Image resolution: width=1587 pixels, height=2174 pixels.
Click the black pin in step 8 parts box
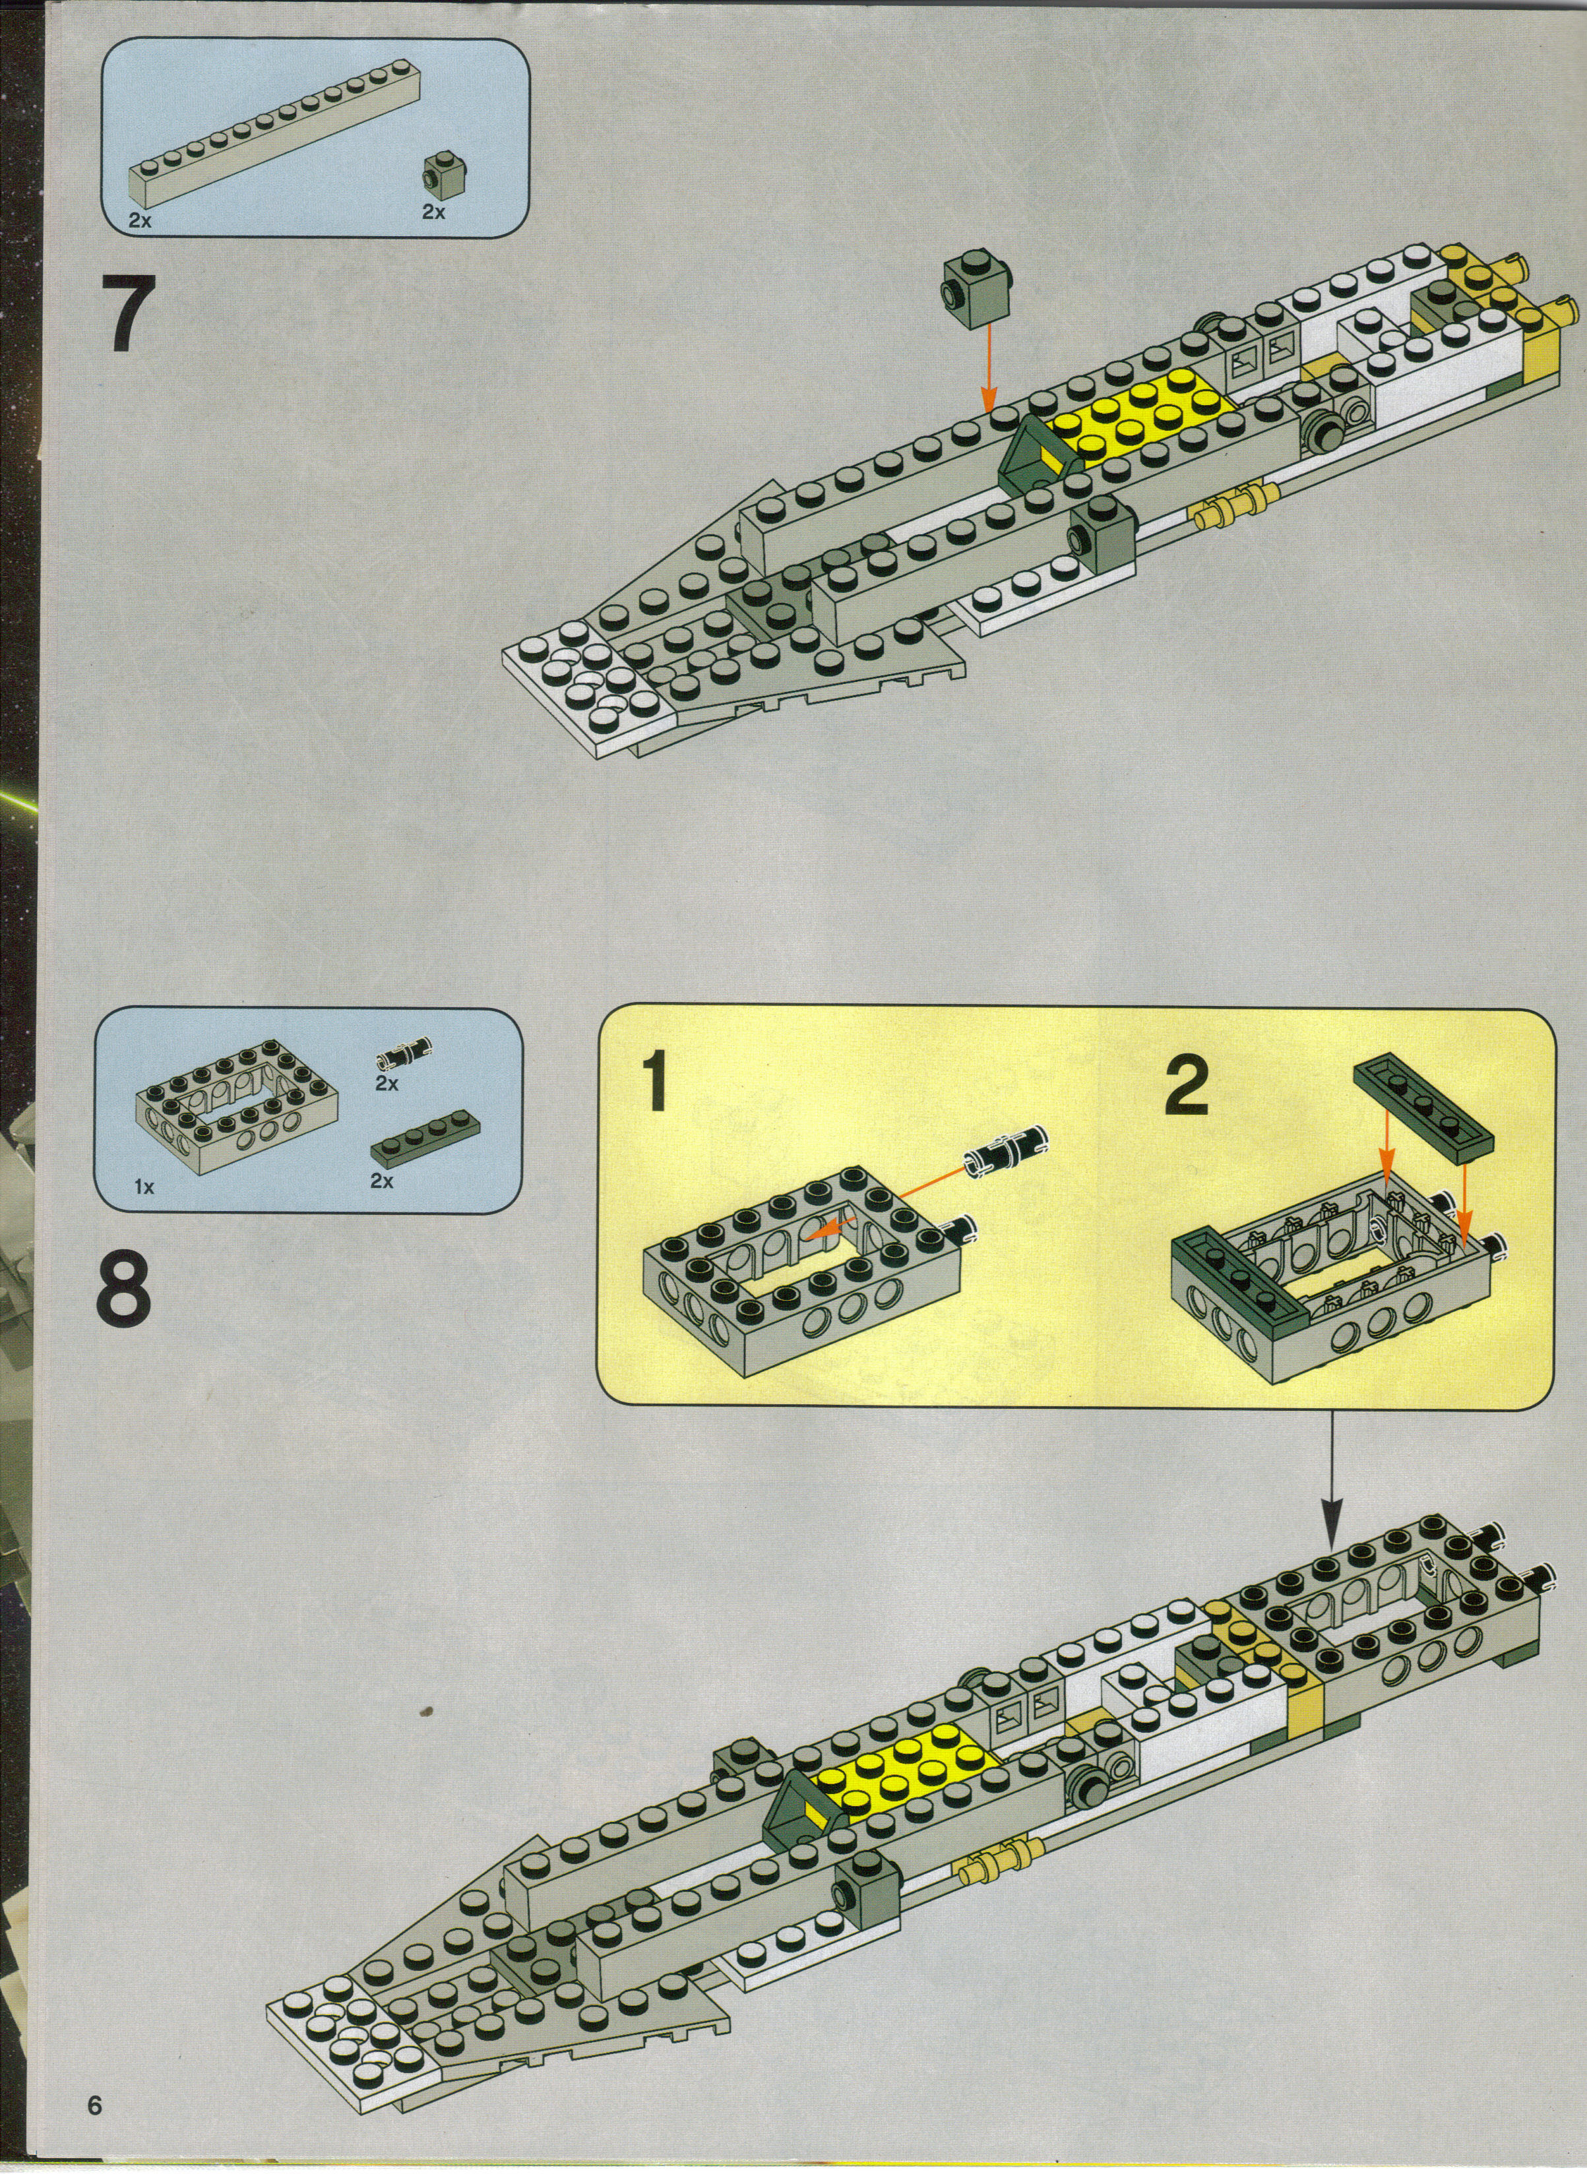(x=402, y=1057)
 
